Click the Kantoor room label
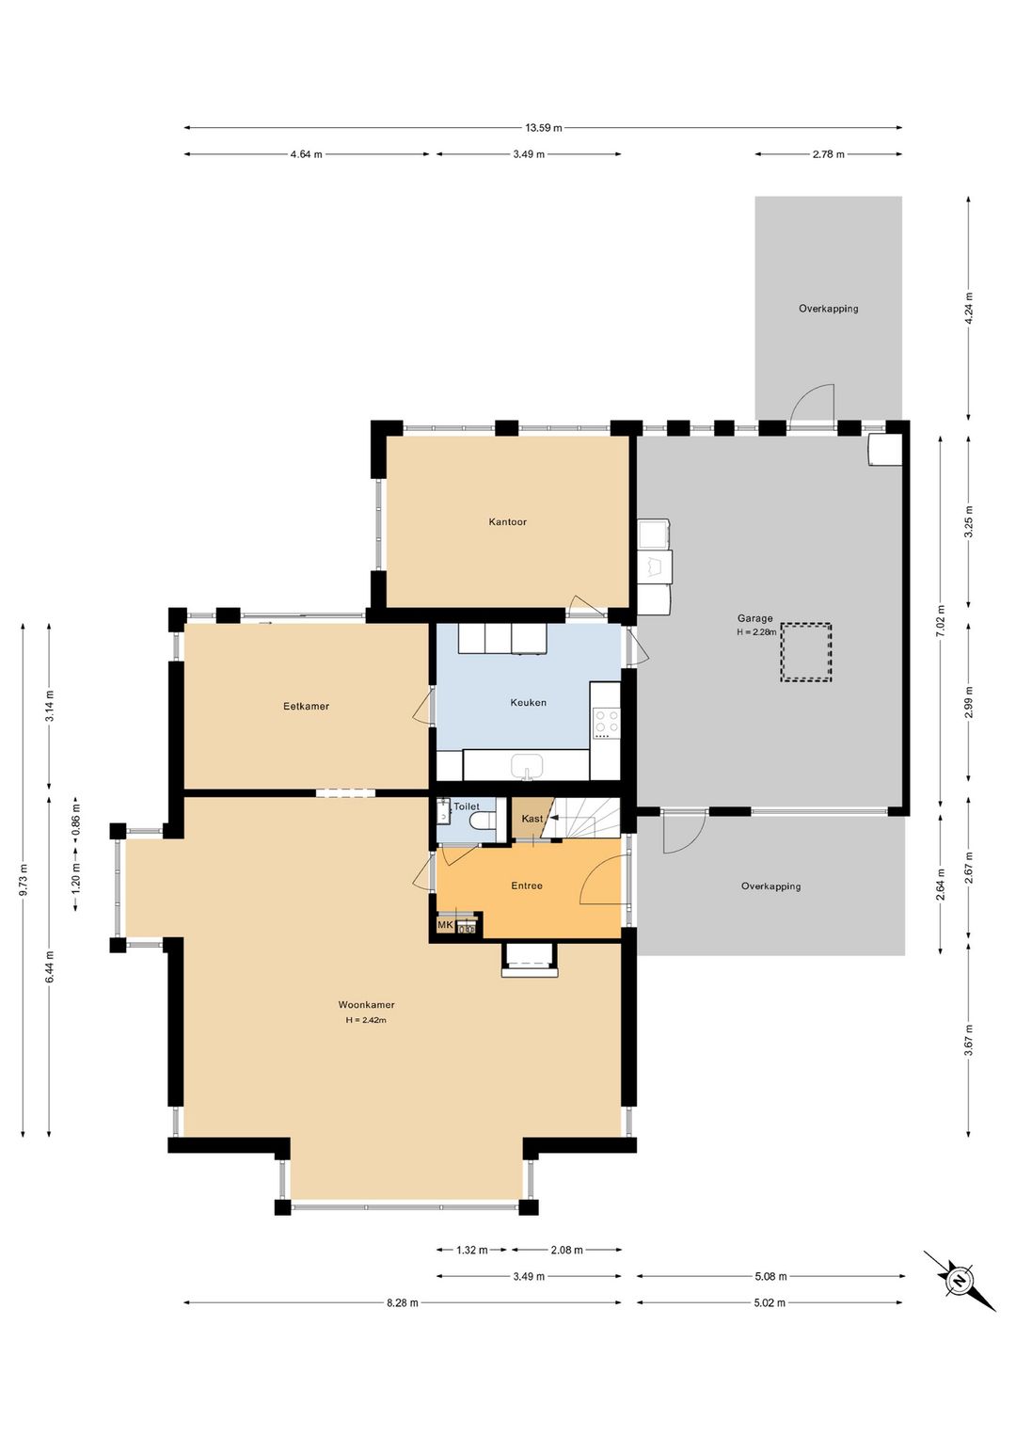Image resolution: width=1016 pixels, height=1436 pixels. pyautogui.click(x=507, y=522)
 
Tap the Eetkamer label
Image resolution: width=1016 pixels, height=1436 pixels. pyautogui.click(x=306, y=707)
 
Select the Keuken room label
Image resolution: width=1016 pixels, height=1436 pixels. pyautogui.click(x=528, y=703)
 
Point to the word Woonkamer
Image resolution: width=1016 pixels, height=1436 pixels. pyautogui.click(x=366, y=1005)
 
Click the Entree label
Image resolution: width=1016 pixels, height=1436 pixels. pyautogui.click(x=527, y=886)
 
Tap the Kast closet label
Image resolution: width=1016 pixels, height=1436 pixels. pyautogui.click(x=532, y=819)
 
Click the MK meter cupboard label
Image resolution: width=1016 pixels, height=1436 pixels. pyautogui.click(x=445, y=925)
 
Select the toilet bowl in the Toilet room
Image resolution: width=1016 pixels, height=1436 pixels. pyautogui.click(x=483, y=820)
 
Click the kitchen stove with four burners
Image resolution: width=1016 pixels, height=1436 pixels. pyautogui.click(x=606, y=721)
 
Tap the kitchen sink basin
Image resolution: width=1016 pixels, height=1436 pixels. pyautogui.click(x=527, y=765)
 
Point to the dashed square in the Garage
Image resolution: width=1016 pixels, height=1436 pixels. pyautogui.click(x=806, y=652)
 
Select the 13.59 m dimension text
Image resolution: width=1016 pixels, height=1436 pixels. pyautogui.click(x=544, y=128)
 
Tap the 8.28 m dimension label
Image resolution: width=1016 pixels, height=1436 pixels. pyautogui.click(x=402, y=1302)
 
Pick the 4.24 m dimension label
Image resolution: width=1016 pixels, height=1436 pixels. pyautogui.click(x=968, y=309)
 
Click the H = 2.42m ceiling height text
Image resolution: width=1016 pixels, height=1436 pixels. pyautogui.click(x=366, y=1021)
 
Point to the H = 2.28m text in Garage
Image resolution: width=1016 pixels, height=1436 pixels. pyautogui.click(x=756, y=631)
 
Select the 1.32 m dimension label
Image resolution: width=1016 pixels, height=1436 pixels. pyautogui.click(x=472, y=1250)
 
